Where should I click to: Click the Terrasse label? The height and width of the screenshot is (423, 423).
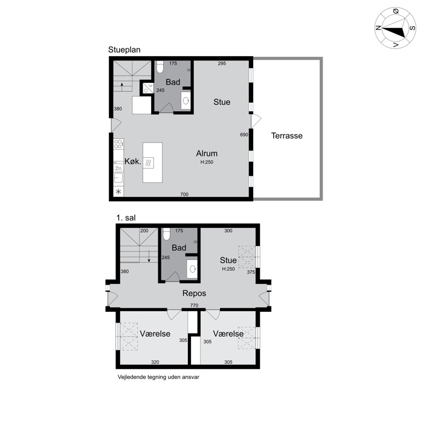coord(287,135)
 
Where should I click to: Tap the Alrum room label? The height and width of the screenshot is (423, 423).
coord(207,153)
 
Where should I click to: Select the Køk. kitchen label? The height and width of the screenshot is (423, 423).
coord(133,161)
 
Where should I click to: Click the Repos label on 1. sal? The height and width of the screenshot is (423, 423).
coord(194,293)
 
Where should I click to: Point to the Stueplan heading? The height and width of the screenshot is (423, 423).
coord(124,50)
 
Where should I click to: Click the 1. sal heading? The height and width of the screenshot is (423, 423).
coord(126,218)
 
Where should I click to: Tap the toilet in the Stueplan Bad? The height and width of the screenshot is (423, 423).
coord(160,66)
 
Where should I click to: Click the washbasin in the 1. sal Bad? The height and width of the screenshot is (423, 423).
coord(193,269)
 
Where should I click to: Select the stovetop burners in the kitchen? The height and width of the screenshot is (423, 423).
coord(118,144)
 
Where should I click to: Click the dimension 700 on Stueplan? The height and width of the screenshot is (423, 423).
coord(184,194)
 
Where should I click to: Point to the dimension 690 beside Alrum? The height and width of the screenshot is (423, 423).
coord(244,135)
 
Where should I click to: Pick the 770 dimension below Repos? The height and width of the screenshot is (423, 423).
coord(194,305)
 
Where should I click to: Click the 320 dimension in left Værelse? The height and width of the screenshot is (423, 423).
coord(155,362)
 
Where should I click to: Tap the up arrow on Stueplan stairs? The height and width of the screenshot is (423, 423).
coord(122,87)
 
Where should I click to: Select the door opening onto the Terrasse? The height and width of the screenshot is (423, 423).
coord(256,121)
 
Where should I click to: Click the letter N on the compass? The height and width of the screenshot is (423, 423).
coord(378,28)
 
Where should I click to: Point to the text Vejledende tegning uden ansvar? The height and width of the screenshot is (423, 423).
coord(158,377)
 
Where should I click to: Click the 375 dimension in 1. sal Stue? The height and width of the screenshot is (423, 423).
coord(251,272)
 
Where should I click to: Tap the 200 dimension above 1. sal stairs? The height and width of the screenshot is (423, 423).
coord(144,231)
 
